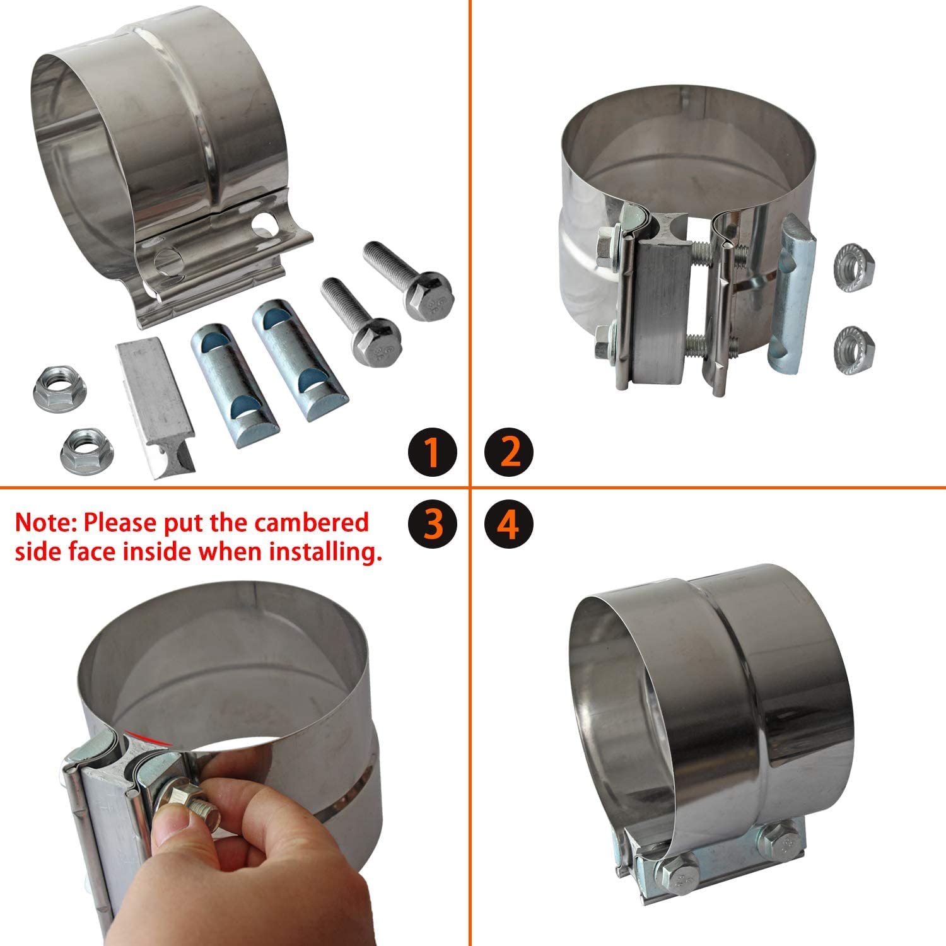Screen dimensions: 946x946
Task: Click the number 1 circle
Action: [433, 452]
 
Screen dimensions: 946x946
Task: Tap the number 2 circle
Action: [509, 452]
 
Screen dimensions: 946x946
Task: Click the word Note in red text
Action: [46, 523]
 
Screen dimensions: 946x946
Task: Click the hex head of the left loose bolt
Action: [377, 342]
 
